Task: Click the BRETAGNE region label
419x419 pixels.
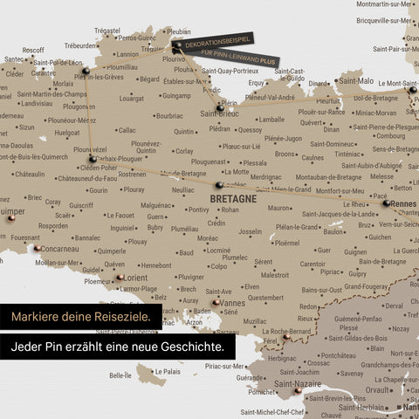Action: coord(233,199)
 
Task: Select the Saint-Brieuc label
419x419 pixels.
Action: coord(221,113)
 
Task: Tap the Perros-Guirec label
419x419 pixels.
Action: coord(137,38)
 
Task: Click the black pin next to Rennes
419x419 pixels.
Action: coord(386,203)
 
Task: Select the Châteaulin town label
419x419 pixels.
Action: coord(29,174)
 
